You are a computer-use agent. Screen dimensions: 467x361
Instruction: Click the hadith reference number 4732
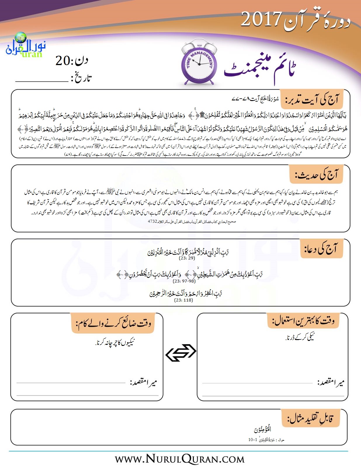coord(152,221)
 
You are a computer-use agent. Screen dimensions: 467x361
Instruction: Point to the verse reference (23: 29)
coord(187,258)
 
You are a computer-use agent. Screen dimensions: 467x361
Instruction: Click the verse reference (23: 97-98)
coord(184,281)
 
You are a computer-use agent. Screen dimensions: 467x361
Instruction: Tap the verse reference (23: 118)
coord(183,300)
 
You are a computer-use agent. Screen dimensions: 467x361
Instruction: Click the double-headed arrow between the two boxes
coord(180,353)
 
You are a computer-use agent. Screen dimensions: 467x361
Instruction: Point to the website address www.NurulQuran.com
coord(180,459)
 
